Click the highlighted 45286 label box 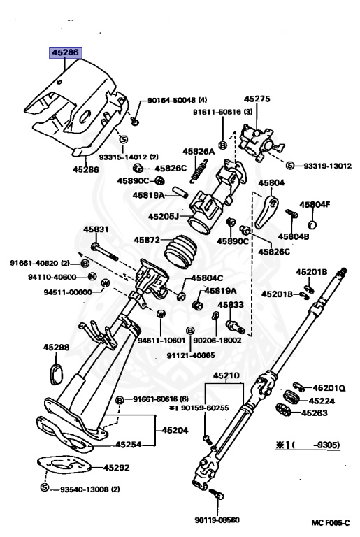[x=66, y=52]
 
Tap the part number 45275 [x=257, y=99]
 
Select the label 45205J [x=164, y=217]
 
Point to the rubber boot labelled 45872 [x=180, y=252]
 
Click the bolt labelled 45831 [x=104, y=252]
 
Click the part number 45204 [x=175, y=430]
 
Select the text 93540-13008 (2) [x=90, y=489]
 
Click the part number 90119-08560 [x=217, y=520]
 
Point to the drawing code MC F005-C [x=330, y=522]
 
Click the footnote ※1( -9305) [x=308, y=445]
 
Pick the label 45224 [x=322, y=401]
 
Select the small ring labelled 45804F [x=312, y=225]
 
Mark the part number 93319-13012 [x=327, y=166]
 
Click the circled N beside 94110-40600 [x=92, y=276]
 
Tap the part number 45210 [x=226, y=375]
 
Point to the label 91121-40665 [x=191, y=355]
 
